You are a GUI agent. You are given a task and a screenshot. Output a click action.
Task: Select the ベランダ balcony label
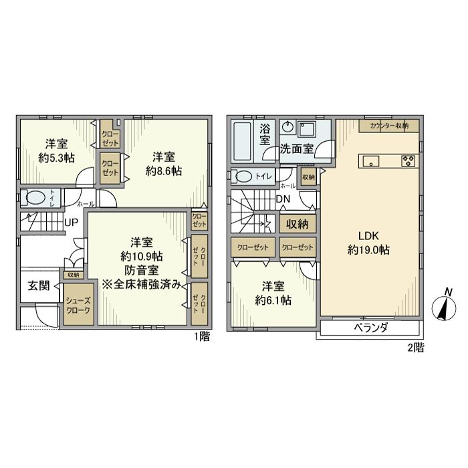(370, 328)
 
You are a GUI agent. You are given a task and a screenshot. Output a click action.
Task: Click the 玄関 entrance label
(38, 285)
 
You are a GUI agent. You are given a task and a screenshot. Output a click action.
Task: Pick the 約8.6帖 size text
(163, 171)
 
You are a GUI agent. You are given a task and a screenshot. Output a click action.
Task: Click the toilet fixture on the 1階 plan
(34, 198)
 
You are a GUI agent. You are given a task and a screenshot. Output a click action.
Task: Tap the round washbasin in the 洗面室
(287, 127)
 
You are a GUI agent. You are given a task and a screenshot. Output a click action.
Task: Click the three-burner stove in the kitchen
(408, 160)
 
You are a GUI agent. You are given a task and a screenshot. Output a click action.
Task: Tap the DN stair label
(282, 199)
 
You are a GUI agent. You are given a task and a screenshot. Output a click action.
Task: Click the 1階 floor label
(201, 338)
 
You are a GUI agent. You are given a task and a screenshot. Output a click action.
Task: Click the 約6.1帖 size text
(271, 300)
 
